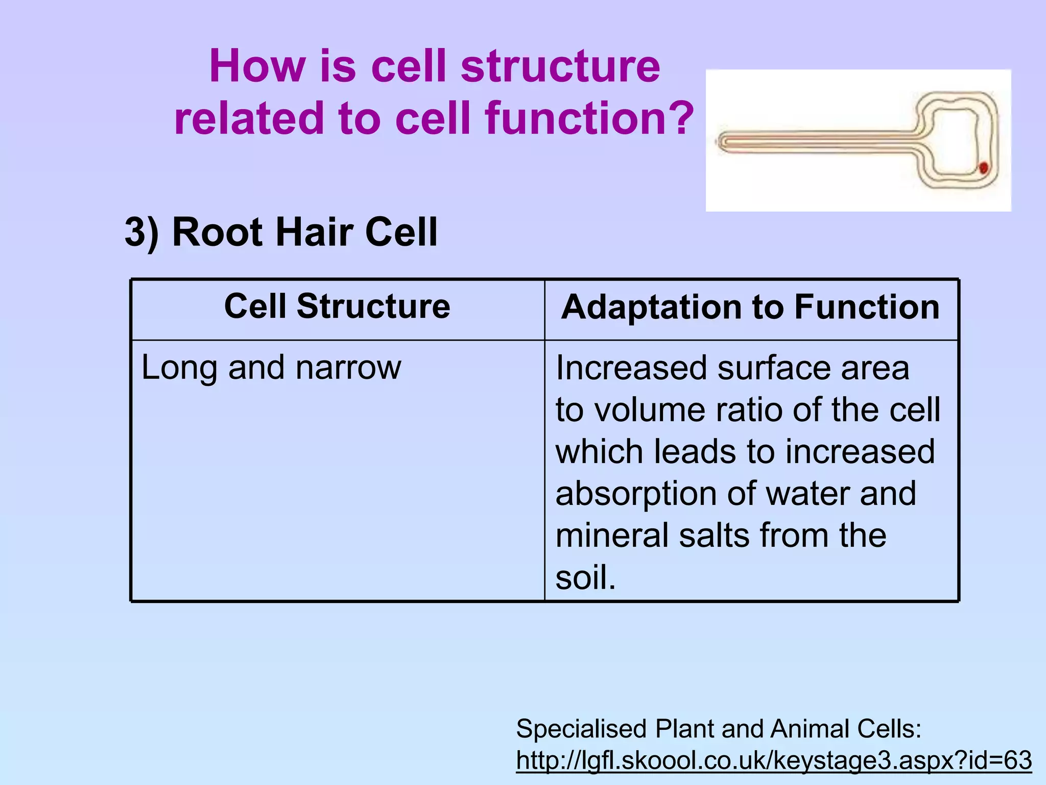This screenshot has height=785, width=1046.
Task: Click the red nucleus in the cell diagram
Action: [x=983, y=167]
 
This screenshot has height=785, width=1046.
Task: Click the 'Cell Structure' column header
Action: [x=337, y=306]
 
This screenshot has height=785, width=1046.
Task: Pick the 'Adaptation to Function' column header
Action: [x=750, y=307]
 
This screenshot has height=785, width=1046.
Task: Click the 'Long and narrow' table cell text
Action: [x=271, y=367]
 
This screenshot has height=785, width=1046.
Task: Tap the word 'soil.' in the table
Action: [x=585, y=578]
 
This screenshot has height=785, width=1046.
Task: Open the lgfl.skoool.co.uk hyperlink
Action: [x=774, y=760]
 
